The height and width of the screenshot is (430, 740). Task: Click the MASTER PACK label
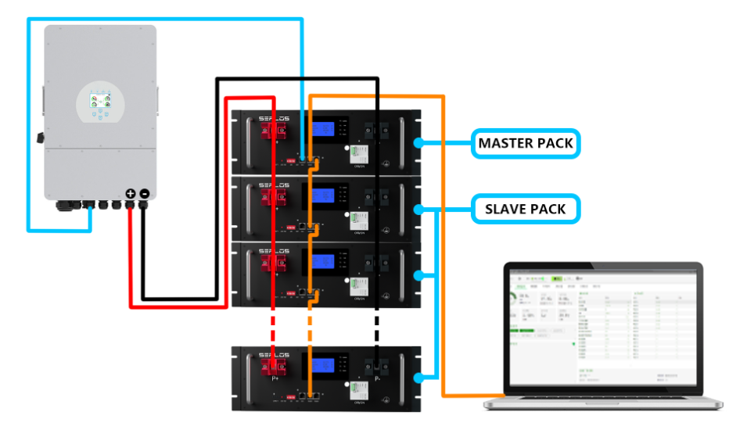[526, 144]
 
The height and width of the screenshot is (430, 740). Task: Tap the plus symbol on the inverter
[131, 193]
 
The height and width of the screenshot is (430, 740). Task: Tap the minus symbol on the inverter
[144, 193]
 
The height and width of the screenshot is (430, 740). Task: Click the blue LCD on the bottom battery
[323, 365]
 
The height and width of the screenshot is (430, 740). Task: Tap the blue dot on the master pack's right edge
[419, 143]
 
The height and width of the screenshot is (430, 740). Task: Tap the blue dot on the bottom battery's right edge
[419, 378]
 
